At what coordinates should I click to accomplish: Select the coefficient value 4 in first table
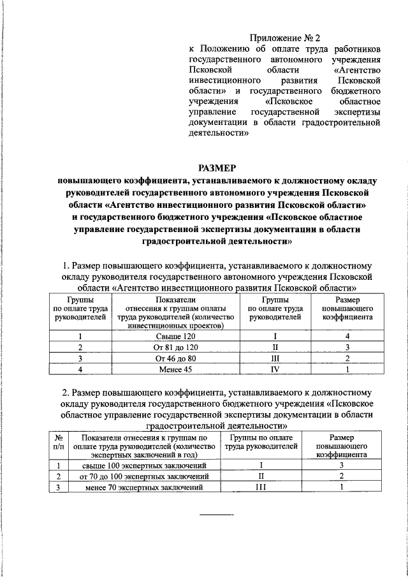coord(347,335)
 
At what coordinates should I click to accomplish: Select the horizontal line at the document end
coord(217,514)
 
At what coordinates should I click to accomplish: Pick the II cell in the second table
coord(260,477)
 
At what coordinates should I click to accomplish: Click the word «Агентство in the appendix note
coord(356,69)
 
